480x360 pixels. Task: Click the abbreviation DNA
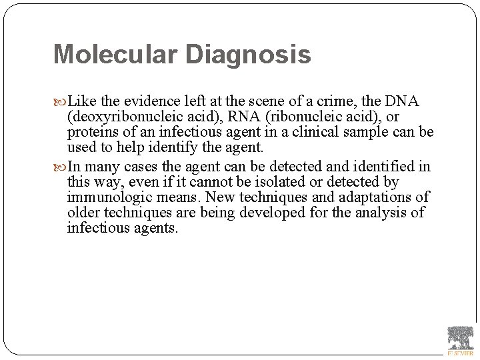tap(403, 101)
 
